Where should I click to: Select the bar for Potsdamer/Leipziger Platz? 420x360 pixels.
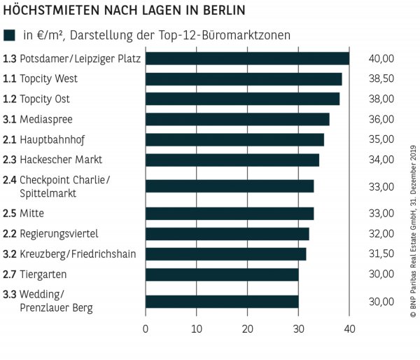(247, 58)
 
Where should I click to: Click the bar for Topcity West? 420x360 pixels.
(244, 78)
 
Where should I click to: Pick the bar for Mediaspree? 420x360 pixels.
(237, 119)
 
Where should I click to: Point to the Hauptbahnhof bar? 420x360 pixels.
(234, 139)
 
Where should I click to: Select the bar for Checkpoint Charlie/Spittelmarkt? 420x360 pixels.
(230, 186)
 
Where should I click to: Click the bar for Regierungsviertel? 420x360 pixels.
(227, 233)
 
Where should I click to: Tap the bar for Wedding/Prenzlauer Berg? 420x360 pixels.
(222, 301)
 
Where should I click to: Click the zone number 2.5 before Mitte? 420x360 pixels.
(10, 213)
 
